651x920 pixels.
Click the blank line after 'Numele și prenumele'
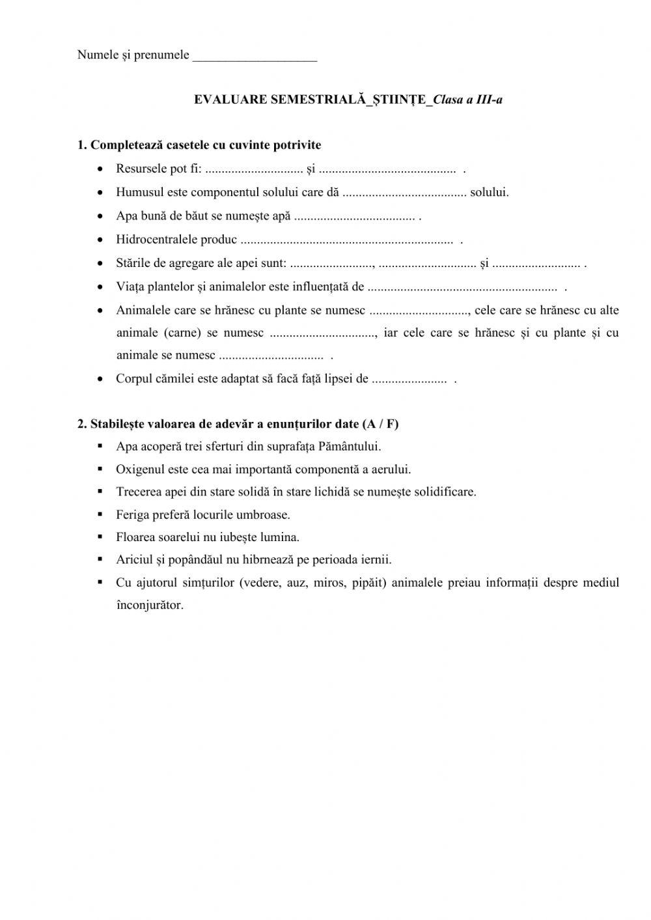[255, 57]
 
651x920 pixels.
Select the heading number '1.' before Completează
[82, 145]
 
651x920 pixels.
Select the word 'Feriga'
[132, 515]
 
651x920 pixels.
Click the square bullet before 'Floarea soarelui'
[100, 537]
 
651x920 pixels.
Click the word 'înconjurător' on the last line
[150, 606]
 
